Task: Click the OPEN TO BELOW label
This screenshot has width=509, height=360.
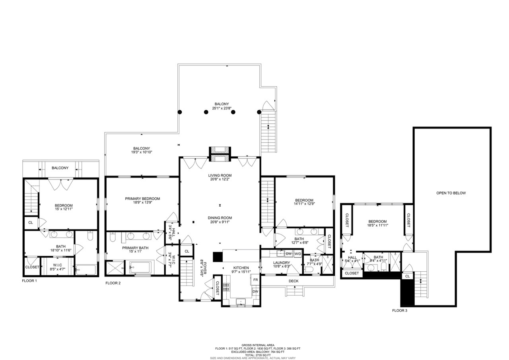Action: pos(451,193)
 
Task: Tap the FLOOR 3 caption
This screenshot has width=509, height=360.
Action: pos(399,310)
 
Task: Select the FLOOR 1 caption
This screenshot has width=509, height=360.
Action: pos(29,280)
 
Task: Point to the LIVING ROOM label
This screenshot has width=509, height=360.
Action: pos(220,175)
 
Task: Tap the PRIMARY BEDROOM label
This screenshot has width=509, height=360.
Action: pos(142,199)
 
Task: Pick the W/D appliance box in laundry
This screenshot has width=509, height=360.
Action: pos(298,253)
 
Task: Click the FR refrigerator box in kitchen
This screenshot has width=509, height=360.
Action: pos(255,280)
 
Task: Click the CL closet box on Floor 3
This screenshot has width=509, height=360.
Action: pos(407,276)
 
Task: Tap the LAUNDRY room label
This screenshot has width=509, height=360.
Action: pos(282,263)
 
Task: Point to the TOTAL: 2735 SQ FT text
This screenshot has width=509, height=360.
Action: pos(257,355)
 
